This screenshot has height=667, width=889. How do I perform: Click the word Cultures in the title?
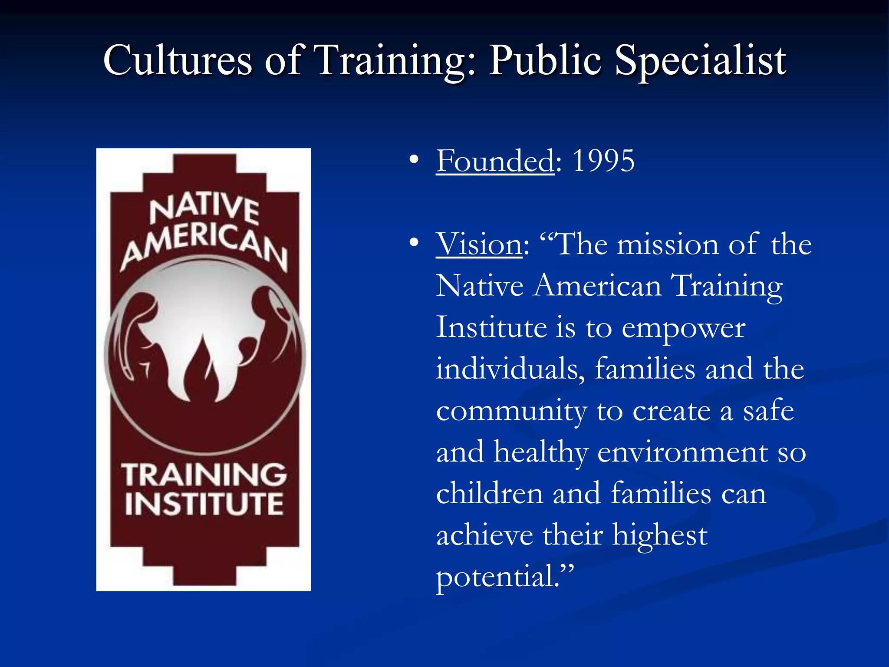click(178, 61)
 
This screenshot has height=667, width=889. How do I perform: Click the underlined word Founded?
click(495, 161)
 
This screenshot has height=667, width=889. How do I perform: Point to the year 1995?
click(603, 161)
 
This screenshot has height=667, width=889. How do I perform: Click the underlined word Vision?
click(479, 244)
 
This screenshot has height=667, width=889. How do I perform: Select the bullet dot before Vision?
click(414, 243)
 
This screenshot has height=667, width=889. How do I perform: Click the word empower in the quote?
click(683, 328)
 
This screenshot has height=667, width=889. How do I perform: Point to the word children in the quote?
click(489, 494)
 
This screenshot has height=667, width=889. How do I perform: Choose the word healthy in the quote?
click(541, 452)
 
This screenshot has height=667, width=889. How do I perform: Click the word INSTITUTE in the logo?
click(204, 504)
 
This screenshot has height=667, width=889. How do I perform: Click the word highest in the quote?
click(659, 535)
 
